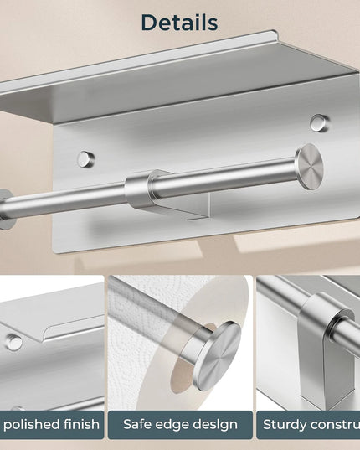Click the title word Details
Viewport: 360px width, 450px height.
point(179,23)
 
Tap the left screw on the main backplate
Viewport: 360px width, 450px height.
point(85,158)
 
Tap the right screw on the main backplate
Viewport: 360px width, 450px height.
point(318,123)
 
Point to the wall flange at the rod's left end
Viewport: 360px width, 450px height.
point(6,209)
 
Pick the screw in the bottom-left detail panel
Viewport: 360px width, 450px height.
point(13,342)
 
